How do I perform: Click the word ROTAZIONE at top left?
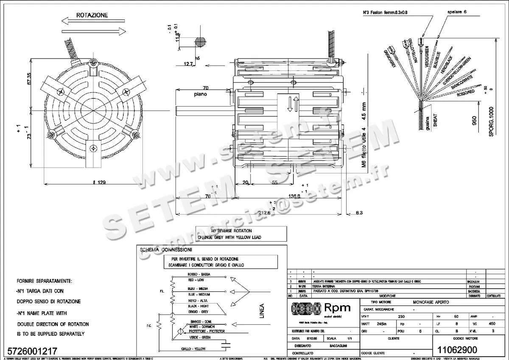tap(92, 15)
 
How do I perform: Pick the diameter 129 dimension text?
tap(99, 183)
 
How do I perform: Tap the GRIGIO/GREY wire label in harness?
tap(389, 59)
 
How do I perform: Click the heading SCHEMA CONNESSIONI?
tap(166, 250)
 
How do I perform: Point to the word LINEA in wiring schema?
tap(261, 310)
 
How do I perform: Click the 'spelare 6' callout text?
tap(456, 12)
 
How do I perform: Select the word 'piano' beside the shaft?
tap(201, 94)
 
